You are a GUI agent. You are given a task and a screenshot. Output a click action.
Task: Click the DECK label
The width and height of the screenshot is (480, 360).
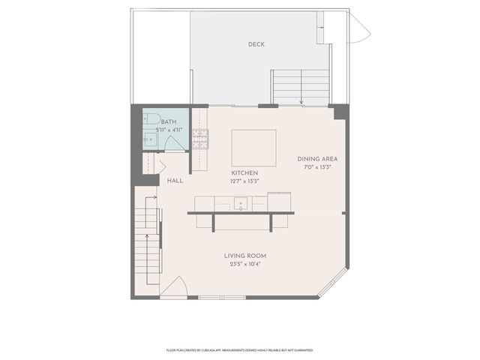[x=256, y=44]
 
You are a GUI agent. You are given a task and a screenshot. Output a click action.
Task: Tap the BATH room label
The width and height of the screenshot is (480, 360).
[x=169, y=121]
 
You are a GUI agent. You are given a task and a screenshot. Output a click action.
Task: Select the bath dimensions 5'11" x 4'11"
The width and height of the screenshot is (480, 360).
[x=169, y=130]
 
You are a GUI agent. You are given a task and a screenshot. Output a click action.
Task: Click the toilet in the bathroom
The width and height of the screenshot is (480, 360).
[x=151, y=118]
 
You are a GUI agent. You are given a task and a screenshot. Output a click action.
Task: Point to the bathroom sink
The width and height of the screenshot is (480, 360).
[x=149, y=137]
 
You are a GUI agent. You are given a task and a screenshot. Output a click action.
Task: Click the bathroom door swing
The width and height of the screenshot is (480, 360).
[x=175, y=143]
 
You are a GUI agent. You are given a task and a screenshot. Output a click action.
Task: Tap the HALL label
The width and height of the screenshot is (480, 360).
[x=175, y=181]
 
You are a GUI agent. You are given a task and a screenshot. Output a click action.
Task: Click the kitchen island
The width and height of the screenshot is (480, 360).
[x=253, y=147]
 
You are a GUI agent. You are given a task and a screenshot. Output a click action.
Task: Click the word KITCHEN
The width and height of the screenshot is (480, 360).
[x=245, y=173]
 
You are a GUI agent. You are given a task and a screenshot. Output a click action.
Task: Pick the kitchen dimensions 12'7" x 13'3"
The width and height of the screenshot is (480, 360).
[x=245, y=181]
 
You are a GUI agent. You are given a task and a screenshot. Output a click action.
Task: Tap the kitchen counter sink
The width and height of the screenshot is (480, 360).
[x=241, y=202]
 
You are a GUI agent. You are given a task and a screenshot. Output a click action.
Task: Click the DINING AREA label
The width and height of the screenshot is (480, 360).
[x=318, y=159]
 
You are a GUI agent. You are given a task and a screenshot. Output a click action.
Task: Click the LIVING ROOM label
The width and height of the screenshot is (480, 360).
[x=245, y=256]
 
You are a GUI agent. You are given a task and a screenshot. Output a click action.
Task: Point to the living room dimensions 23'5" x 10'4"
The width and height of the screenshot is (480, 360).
[x=245, y=264]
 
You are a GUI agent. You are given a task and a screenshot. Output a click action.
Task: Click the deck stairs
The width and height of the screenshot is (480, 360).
[x=300, y=86]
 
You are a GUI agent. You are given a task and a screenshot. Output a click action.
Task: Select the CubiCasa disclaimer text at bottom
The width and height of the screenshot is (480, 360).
[x=239, y=350]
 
